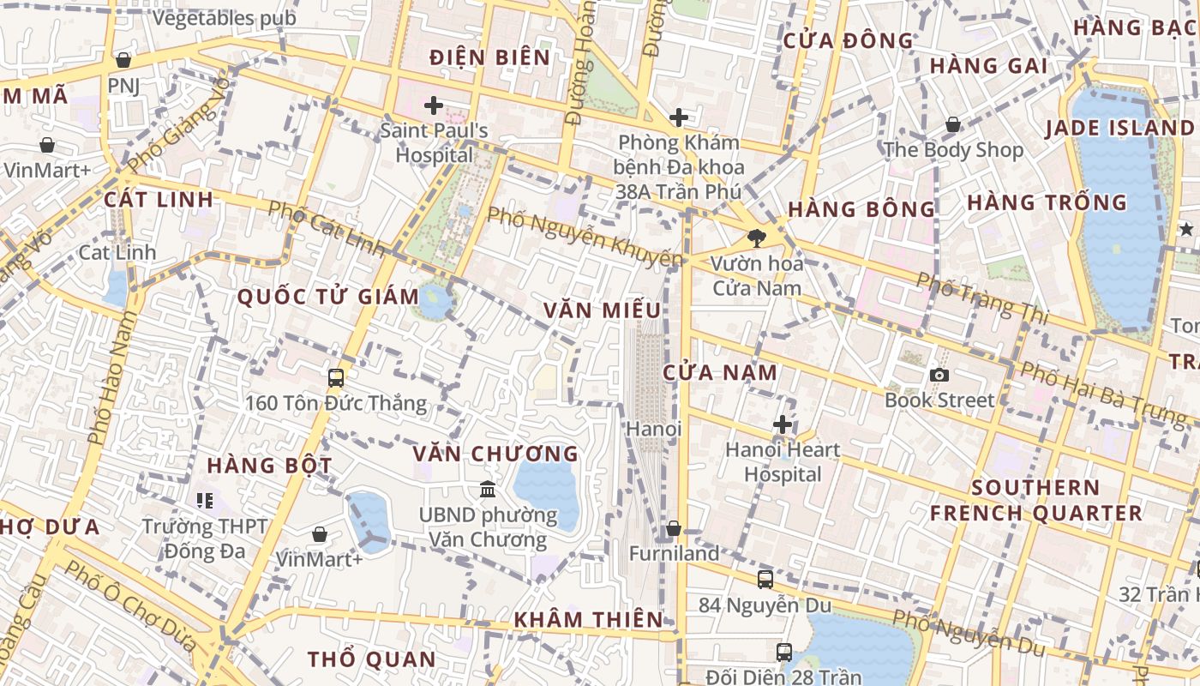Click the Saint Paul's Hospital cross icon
[434, 105]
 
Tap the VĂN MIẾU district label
[603, 310]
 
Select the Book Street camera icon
[939, 375]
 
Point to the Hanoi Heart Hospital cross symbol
[783, 424]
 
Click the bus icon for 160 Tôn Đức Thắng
[336, 377]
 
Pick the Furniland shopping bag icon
[674, 528]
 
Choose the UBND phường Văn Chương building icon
[488, 490]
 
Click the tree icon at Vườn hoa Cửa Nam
[756, 238]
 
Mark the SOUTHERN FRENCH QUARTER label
[1035, 501]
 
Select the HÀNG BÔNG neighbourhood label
[861, 209]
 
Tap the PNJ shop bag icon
[123, 60]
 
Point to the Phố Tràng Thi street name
[982, 298]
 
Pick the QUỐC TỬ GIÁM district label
[327, 298]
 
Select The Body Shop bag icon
[952, 125]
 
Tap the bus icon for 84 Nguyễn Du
[765, 580]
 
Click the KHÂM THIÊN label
[588, 619]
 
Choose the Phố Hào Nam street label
[112, 378]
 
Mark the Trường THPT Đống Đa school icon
[204, 499]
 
